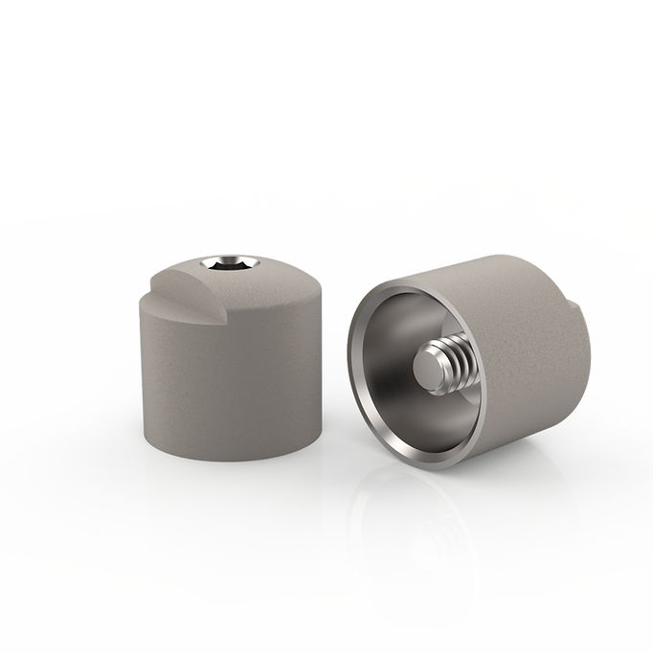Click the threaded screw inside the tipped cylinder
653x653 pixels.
(x=451, y=365)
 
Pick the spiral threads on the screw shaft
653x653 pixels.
(x=462, y=360)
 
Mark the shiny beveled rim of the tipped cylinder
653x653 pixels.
(x=360, y=383)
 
